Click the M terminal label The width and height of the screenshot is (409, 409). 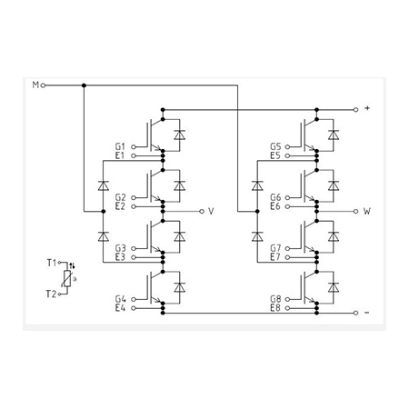(x=35, y=85)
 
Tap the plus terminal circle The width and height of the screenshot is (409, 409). (x=355, y=109)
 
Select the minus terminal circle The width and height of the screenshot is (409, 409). (x=355, y=313)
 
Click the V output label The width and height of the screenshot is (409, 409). (x=211, y=211)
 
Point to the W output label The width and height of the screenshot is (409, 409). (x=367, y=211)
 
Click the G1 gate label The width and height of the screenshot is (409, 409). (x=120, y=146)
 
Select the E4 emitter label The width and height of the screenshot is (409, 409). (x=120, y=308)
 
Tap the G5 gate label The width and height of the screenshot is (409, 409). (x=275, y=146)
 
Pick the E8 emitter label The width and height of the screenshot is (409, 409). (x=275, y=308)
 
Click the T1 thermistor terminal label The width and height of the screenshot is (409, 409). (x=52, y=263)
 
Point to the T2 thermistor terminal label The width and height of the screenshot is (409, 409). (x=51, y=294)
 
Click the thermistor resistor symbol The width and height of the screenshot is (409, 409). (x=67, y=278)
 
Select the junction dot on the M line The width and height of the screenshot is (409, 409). (x=84, y=85)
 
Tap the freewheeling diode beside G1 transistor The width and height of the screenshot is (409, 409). (x=180, y=135)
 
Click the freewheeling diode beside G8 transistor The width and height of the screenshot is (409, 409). (x=334, y=287)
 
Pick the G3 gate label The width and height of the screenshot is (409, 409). (x=120, y=248)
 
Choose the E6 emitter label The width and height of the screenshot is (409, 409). (x=275, y=206)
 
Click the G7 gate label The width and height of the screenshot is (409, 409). (x=275, y=248)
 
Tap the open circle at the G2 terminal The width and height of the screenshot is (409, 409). (x=134, y=197)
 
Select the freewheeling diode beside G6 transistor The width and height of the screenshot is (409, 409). (x=334, y=185)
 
